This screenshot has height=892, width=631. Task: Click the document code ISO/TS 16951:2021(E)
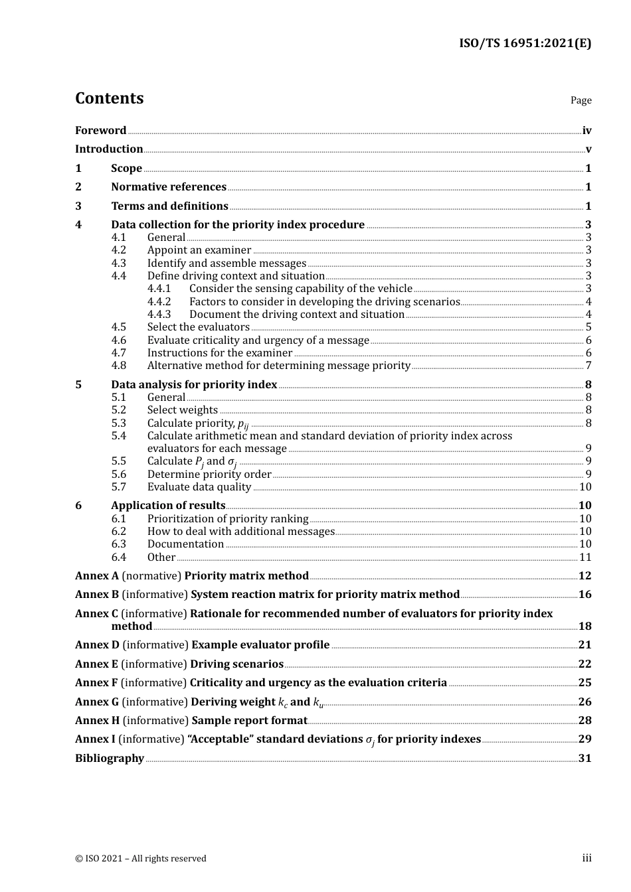pyautogui.click(x=525, y=44)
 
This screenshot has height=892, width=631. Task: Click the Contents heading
pyautogui.click(x=109, y=98)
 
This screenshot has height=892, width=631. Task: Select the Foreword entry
pyautogui.click(x=100, y=131)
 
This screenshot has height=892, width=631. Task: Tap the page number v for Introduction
pyautogui.click(x=588, y=149)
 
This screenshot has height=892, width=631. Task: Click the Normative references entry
pyautogui.click(x=169, y=187)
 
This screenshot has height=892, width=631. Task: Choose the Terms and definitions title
pyautogui.click(x=169, y=206)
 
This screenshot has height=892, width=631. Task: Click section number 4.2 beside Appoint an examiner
pyautogui.click(x=119, y=250)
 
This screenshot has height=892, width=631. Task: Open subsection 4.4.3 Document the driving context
pyautogui.click(x=296, y=315)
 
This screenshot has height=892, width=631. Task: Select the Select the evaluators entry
pyautogui.click(x=198, y=327)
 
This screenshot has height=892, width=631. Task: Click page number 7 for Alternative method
pyautogui.click(x=588, y=366)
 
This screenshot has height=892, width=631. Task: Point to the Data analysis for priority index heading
pyautogui.click(x=194, y=385)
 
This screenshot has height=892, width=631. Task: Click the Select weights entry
pyautogui.click(x=182, y=410)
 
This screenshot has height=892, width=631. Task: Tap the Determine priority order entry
pyautogui.click(x=209, y=475)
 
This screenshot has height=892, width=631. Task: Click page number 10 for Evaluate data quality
pyautogui.click(x=585, y=487)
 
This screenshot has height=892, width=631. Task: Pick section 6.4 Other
pyautogui.click(x=161, y=557)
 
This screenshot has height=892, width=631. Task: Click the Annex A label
pyautogui.click(x=97, y=576)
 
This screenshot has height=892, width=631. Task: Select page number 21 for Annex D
pyautogui.click(x=585, y=645)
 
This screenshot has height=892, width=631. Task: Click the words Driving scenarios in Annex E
pyautogui.click(x=236, y=664)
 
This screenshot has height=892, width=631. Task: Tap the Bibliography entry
pyautogui.click(x=110, y=759)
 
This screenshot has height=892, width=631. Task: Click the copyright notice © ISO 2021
pyautogui.click(x=141, y=859)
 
